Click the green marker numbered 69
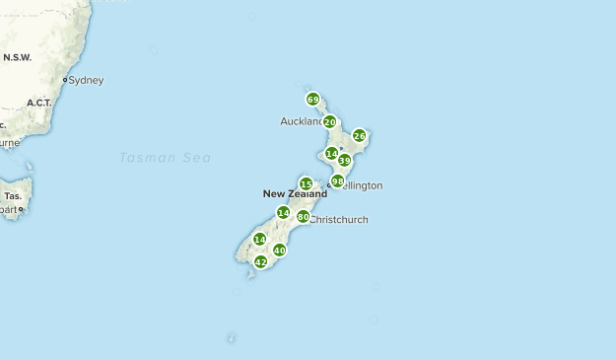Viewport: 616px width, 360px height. tap(312, 99)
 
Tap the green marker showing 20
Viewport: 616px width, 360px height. tap(329, 121)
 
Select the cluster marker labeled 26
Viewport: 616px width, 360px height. tap(359, 135)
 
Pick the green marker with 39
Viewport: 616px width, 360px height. tap(344, 160)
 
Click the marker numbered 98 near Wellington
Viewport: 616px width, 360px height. tap(337, 180)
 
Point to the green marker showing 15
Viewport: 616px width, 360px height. tap(306, 183)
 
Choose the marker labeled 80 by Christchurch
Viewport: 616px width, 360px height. tap(303, 216)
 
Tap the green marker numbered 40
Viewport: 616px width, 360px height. tap(279, 250)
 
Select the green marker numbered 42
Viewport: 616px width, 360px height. tap(260, 261)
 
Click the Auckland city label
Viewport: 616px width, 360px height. tap(301, 121)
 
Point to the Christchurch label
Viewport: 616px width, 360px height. tap(339, 220)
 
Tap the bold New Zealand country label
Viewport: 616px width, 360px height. tap(295, 194)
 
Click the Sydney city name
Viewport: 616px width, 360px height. tap(86, 80)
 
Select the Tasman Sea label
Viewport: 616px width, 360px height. tap(165, 158)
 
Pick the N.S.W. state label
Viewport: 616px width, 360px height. tap(18, 57)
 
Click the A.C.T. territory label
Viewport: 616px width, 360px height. tap(39, 103)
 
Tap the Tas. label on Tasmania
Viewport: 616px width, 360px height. tap(13, 195)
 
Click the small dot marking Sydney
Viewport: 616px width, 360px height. tap(65, 80)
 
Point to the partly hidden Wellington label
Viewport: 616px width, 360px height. tap(361, 185)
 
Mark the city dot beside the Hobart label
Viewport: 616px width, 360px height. tap(20, 209)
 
